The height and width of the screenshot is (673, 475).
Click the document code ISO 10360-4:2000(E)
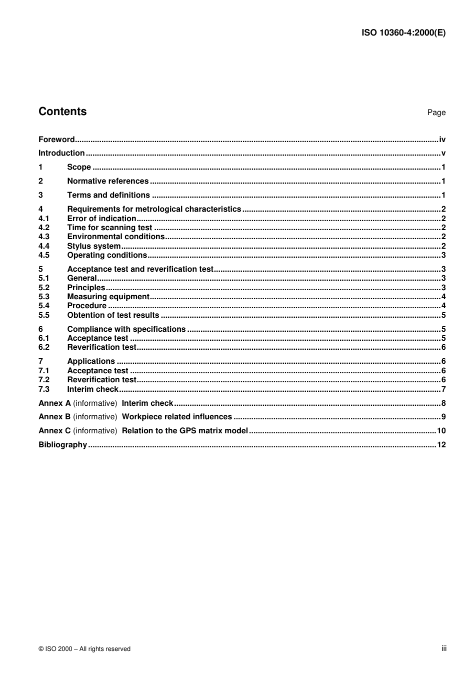(403, 33)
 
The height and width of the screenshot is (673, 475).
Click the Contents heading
(62, 112)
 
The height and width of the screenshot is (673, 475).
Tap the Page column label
(436, 113)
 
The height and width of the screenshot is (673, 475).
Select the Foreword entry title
(56, 140)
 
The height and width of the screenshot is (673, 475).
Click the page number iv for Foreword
(442, 140)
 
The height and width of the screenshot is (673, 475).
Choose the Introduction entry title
(61, 153)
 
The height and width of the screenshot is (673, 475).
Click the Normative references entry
(108, 181)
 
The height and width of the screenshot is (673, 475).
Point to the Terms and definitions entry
(108, 195)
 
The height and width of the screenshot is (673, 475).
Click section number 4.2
(44, 228)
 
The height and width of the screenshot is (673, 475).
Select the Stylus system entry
(94, 246)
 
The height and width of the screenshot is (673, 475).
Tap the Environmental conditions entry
(116, 237)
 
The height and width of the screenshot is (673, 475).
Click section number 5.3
(44, 297)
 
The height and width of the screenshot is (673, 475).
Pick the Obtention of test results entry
(113, 315)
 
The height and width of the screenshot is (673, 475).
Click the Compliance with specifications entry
(126, 329)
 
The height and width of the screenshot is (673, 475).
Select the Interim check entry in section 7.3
(93, 389)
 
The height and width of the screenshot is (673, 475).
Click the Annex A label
(54, 403)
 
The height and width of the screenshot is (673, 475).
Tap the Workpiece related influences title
(177, 417)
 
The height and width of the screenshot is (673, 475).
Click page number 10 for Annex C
(441, 431)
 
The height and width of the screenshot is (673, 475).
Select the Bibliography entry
(63, 445)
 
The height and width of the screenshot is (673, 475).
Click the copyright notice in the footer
(84, 649)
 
